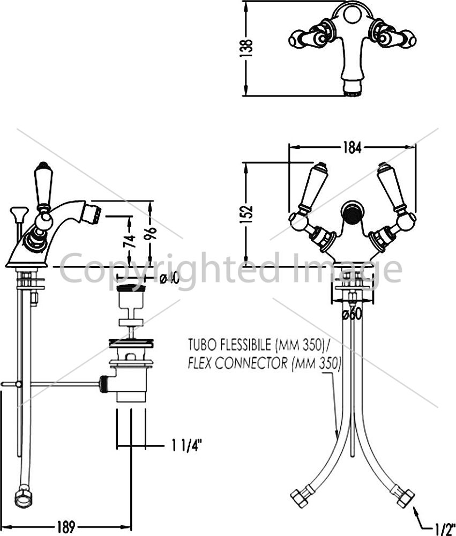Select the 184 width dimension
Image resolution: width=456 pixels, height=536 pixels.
point(352,148)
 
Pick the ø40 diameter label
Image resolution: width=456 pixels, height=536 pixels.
point(169,279)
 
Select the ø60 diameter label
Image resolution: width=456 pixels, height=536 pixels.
point(352,314)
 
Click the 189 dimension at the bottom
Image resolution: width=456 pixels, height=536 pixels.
point(65,526)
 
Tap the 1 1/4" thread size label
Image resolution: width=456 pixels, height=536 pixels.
point(186,445)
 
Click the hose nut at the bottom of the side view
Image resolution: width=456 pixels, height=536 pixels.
point(23,498)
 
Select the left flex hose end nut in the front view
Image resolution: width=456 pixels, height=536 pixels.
point(300,497)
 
